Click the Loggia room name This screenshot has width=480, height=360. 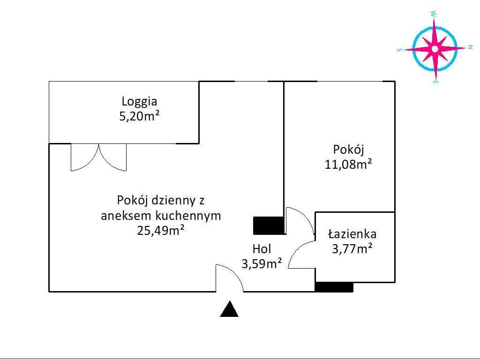pos(139,102)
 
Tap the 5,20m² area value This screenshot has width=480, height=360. pos(139,116)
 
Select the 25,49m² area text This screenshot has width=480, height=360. pos(161,230)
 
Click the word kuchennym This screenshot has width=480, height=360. pos(188,216)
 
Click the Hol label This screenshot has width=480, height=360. pos(262,249)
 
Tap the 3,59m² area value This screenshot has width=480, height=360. pos(262,263)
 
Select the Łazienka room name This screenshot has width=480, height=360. pos(352,234)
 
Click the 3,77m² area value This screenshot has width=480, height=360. pos(352,248)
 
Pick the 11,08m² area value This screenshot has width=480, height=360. pos(348,165)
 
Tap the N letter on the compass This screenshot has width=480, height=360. pos(470,47)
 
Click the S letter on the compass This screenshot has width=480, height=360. pos(399,50)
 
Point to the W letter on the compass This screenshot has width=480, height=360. pos(433,14)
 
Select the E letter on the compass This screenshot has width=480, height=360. pos(435,82)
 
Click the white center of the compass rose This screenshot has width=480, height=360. pos(435,49)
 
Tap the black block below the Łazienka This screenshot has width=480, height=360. pos(334,287)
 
